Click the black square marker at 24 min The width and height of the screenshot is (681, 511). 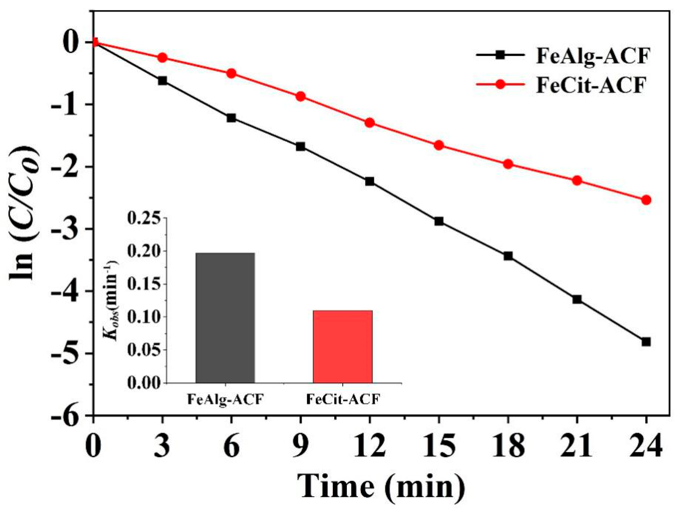(646, 342)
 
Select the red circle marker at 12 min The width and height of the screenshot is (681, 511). (370, 123)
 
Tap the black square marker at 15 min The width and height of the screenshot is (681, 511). (439, 221)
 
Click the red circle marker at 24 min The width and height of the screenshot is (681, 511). (646, 200)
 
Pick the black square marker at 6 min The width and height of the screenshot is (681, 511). (231, 118)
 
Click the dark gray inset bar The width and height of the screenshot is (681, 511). (225, 318)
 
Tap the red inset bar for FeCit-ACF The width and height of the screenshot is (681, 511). (343, 347)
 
